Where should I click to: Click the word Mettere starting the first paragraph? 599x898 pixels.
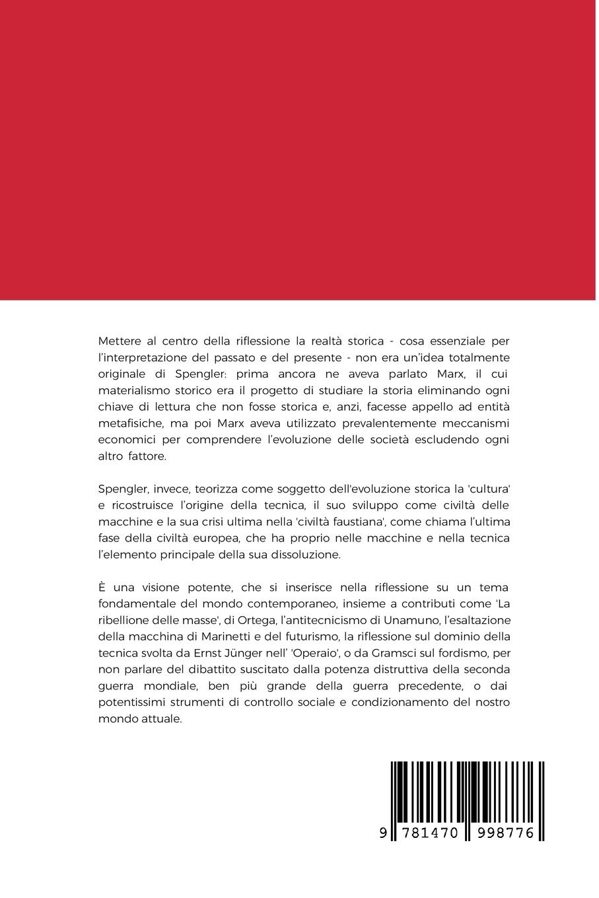pos(120,341)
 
